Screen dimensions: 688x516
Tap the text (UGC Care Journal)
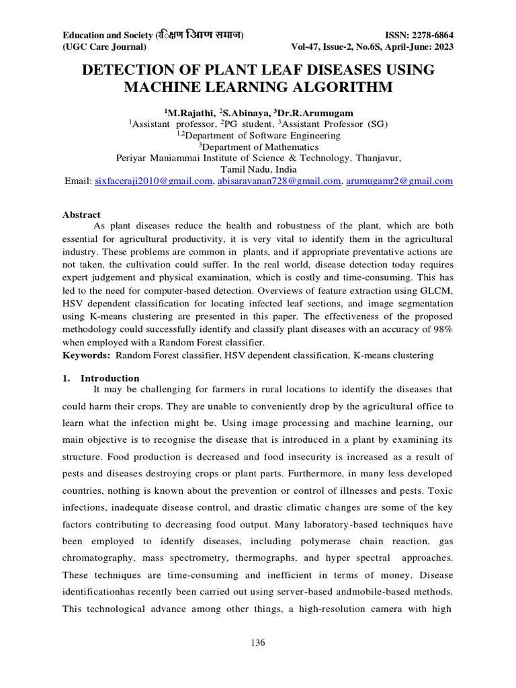[104, 47]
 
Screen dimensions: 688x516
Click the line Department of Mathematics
[258, 146]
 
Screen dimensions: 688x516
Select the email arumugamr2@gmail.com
[399, 181]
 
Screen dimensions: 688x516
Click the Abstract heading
[81, 214]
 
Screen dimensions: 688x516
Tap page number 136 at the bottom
[258, 643]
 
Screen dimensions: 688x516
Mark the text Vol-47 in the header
[307, 47]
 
